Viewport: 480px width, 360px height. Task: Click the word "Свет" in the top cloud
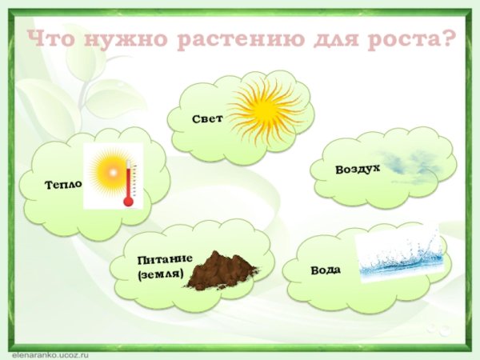[x=207, y=118]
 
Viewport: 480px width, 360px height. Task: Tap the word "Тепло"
[x=64, y=185]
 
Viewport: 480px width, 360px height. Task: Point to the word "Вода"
[x=326, y=270]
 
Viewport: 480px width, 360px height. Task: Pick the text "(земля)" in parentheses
[x=160, y=275]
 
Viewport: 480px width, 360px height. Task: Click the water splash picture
[x=398, y=256]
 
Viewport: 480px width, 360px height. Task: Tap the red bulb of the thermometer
[x=128, y=202]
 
